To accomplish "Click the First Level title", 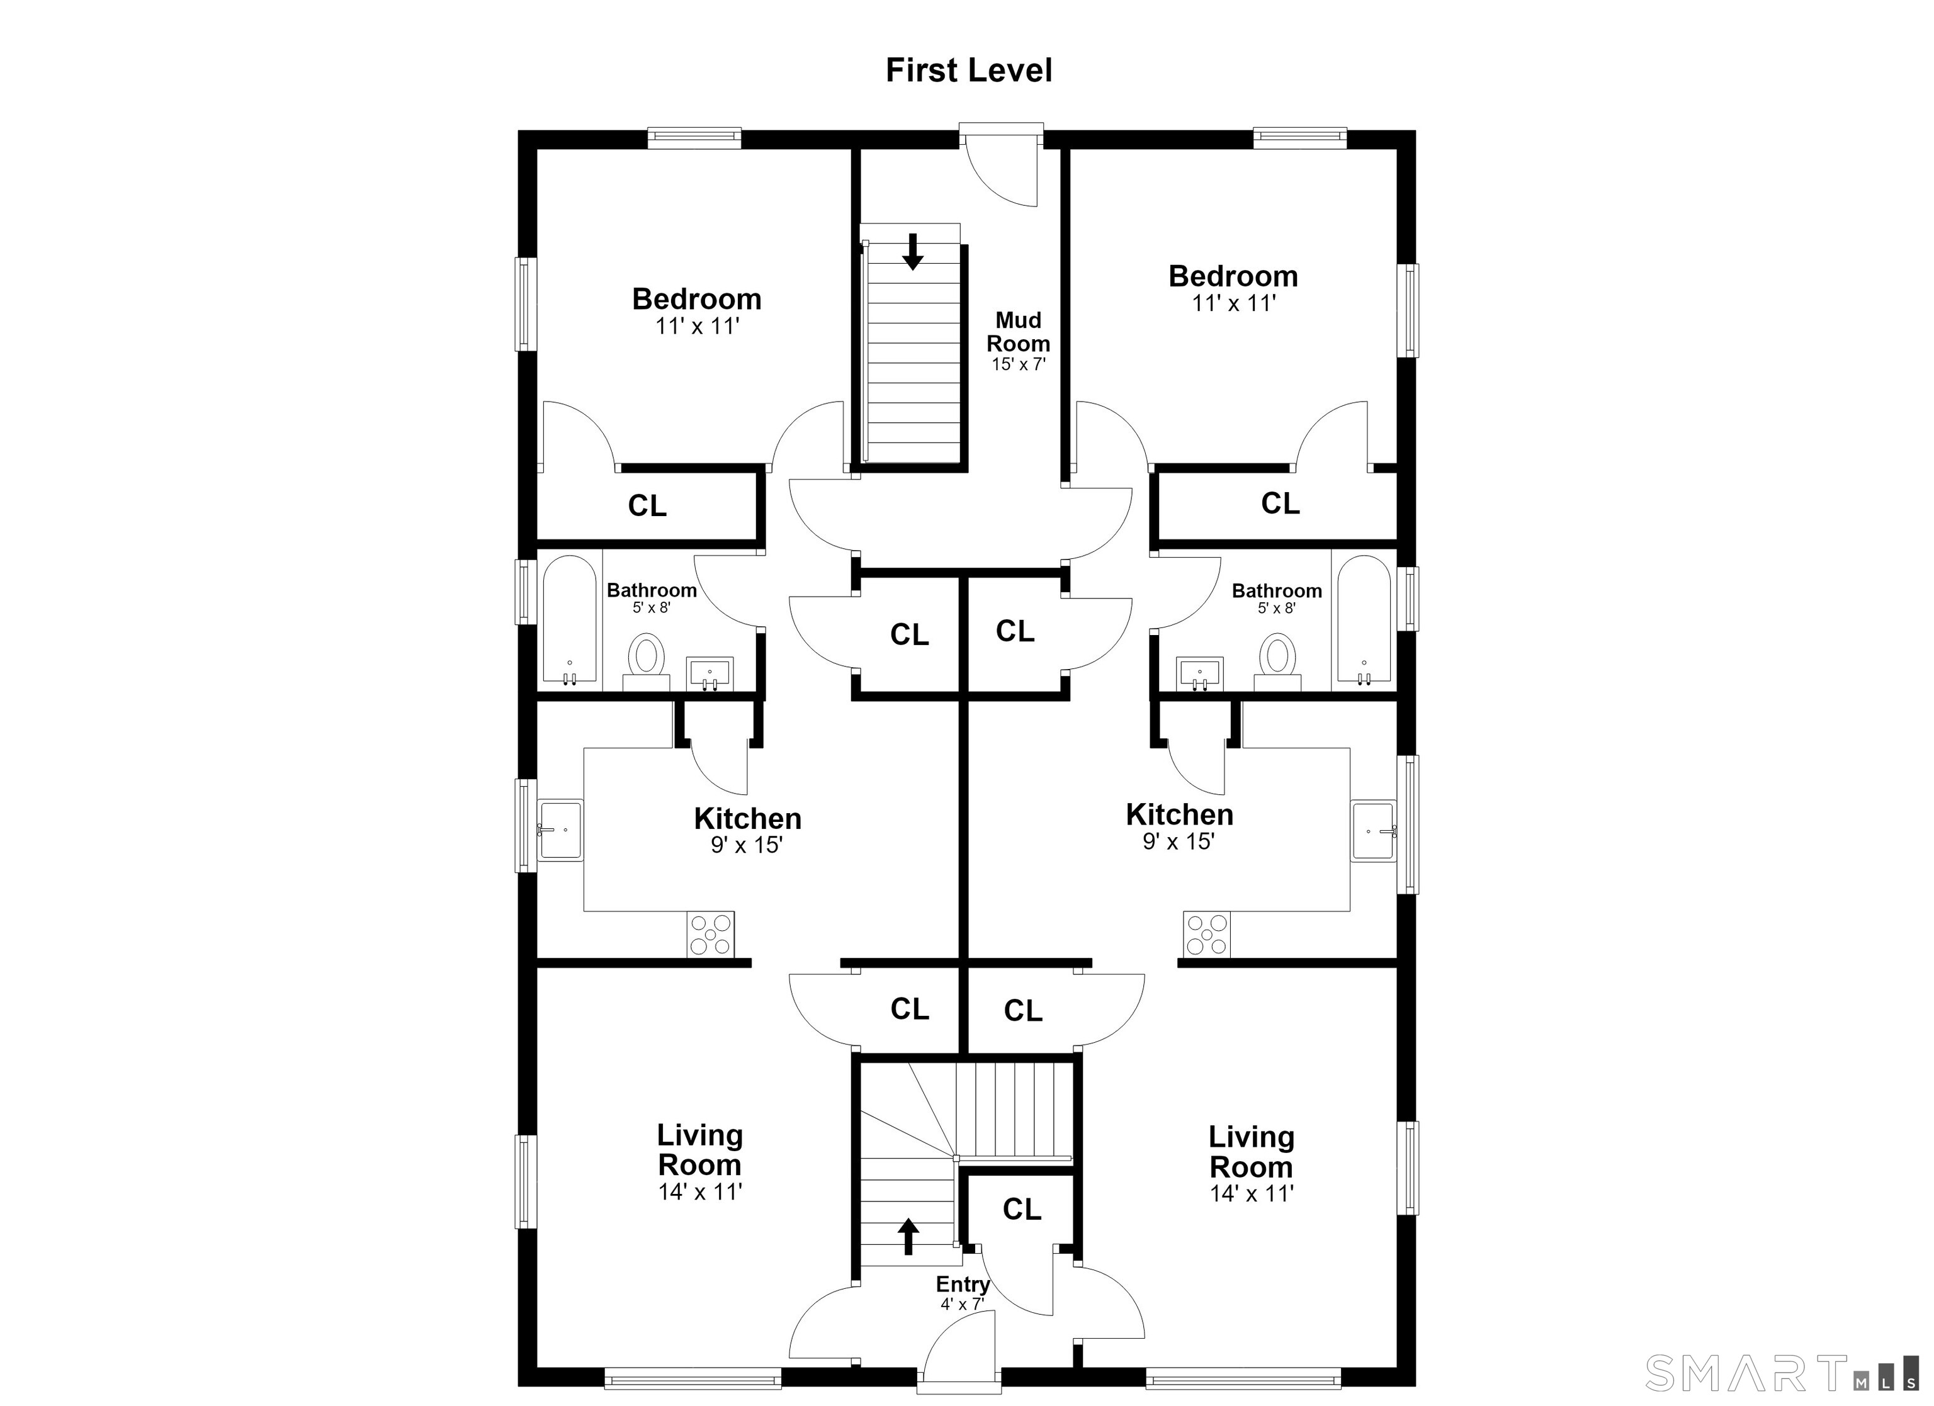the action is click(969, 70).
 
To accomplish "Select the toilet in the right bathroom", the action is click(1277, 661).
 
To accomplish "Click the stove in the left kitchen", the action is click(710, 935).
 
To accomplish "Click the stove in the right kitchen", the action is click(1207, 935).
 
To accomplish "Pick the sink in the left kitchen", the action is click(560, 830).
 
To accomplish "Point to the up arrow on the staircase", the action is click(909, 1236).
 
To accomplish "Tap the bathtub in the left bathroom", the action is click(570, 620).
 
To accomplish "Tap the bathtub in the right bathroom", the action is click(1364, 620).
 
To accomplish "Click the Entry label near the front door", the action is click(963, 1284).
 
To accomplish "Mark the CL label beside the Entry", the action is click(1022, 1209).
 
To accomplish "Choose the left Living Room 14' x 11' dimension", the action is click(700, 1192).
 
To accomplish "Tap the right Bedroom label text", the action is click(1233, 276).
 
